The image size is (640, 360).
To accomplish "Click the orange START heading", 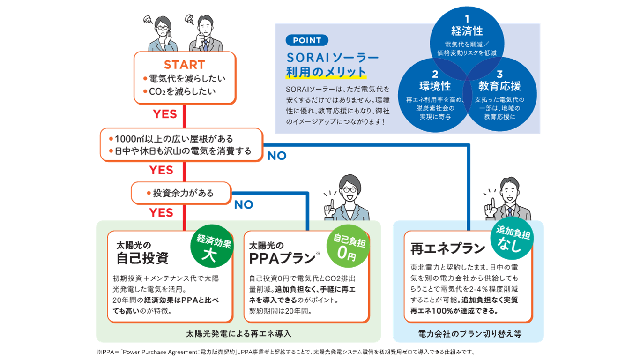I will (184, 65).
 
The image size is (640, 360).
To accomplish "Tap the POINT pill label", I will (307, 40).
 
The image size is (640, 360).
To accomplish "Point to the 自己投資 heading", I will (142, 258).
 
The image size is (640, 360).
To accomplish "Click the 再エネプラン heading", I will (447, 248).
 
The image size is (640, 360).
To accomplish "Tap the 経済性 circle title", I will (467, 31).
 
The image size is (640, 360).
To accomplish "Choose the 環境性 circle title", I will (435, 86).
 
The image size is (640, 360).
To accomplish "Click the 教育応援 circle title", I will (499, 86).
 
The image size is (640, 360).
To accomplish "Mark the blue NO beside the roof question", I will (276, 156).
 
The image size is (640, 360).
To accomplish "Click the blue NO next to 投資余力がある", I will (244, 204).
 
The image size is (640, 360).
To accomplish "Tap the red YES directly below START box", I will (165, 114).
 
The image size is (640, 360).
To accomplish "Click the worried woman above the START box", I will (161, 34).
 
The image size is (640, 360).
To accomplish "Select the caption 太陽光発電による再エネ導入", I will (238, 334).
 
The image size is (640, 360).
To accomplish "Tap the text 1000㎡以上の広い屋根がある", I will (174, 139).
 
